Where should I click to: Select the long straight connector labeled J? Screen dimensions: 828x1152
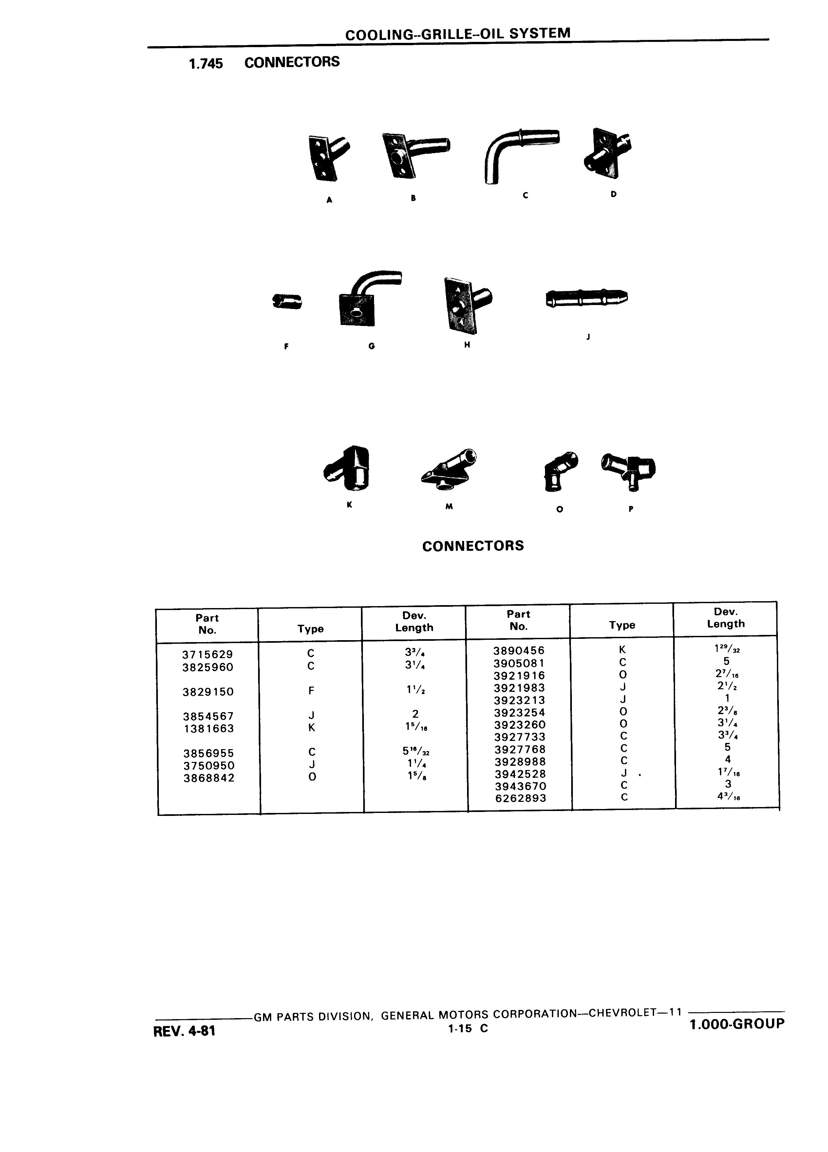pyautogui.click(x=587, y=298)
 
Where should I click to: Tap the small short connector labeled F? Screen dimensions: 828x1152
pyautogui.click(x=288, y=301)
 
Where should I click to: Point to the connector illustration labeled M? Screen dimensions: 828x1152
pyautogui.click(x=449, y=468)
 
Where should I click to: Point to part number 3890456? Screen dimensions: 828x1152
pyautogui.click(x=519, y=651)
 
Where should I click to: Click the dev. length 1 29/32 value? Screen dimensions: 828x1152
pyautogui.click(x=726, y=649)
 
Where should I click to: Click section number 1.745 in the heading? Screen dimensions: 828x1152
pyautogui.click(x=206, y=63)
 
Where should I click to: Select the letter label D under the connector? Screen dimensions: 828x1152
pyautogui.click(x=613, y=194)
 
